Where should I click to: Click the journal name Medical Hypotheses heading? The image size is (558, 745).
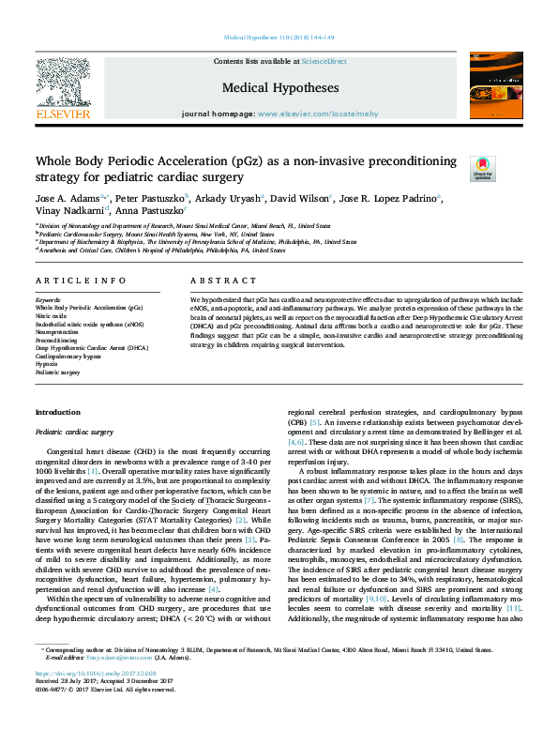[x=279, y=88]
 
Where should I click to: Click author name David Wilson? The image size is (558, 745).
[x=302, y=199]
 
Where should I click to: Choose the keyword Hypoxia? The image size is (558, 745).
[x=47, y=364]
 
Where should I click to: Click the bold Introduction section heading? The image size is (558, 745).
[x=57, y=413]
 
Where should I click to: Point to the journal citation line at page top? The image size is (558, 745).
[x=279, y=37]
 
